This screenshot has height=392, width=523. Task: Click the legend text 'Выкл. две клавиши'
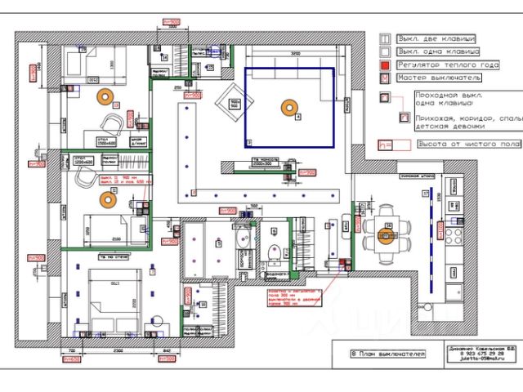[436, 38]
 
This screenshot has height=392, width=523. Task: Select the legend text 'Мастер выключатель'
[438, 78]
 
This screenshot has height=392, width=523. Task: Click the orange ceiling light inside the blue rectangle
[287, 105]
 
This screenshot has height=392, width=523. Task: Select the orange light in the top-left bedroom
[105, 96]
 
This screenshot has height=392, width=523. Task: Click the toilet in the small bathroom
[275, 251]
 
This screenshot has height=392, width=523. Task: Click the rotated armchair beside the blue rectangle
[228, 101]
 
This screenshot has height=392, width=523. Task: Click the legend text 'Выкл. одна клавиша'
[434, 51]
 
